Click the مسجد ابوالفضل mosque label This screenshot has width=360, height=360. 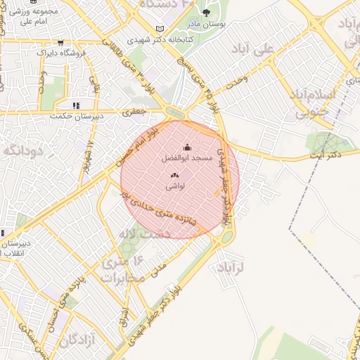188,160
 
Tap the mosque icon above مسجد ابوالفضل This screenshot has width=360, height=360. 187,148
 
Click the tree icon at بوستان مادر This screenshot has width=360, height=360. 206,13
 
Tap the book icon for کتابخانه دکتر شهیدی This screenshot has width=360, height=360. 165,28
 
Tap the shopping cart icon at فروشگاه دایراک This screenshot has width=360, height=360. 60,43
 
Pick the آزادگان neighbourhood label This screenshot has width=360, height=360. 77,341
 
